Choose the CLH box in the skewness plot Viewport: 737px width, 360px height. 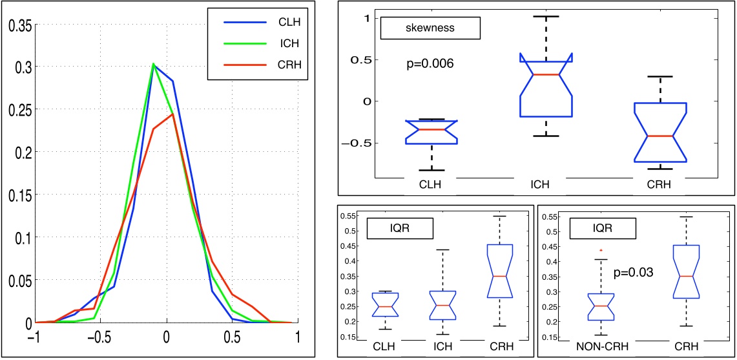(431, 132)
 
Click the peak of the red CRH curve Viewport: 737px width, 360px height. (172, 114)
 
